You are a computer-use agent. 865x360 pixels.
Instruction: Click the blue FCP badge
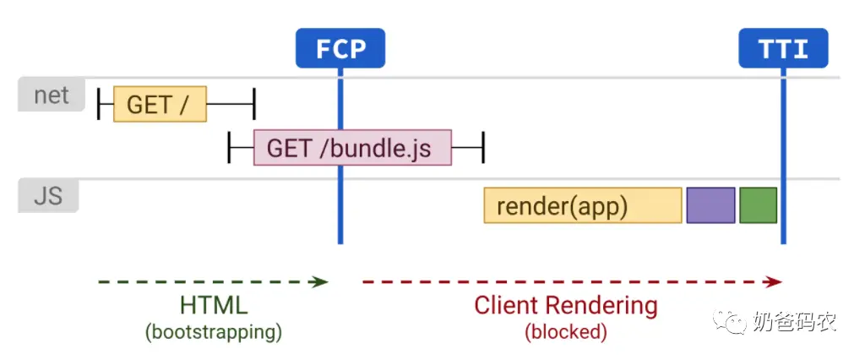(x=340, y=48)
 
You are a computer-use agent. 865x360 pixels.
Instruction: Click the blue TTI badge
(x=783, y=48)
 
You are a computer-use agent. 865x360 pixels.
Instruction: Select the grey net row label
(x=52, y=95)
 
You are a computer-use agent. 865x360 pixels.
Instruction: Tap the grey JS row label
(x=48, y=195)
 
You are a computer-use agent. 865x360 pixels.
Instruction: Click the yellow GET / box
(x=160, y=104)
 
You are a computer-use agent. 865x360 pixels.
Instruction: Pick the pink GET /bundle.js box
(x=352, y=148)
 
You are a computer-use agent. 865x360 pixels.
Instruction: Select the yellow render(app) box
(x=583, y=205)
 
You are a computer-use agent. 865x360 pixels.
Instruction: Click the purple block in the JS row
(x=711, y=205)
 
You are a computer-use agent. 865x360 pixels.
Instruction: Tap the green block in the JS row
(x=759, y=205)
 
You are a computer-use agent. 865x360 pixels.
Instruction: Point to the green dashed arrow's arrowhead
(x=320, y=282)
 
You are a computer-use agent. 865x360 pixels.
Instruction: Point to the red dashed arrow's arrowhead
(x=774, y=282)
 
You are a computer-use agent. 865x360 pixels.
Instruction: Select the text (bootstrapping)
(x=214, y=332)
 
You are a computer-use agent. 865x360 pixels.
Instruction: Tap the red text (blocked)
(x=566, y=332)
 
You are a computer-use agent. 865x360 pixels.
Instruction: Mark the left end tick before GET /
(x=98, y=103)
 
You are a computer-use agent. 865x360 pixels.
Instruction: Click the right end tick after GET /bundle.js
(x=483, y=147)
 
